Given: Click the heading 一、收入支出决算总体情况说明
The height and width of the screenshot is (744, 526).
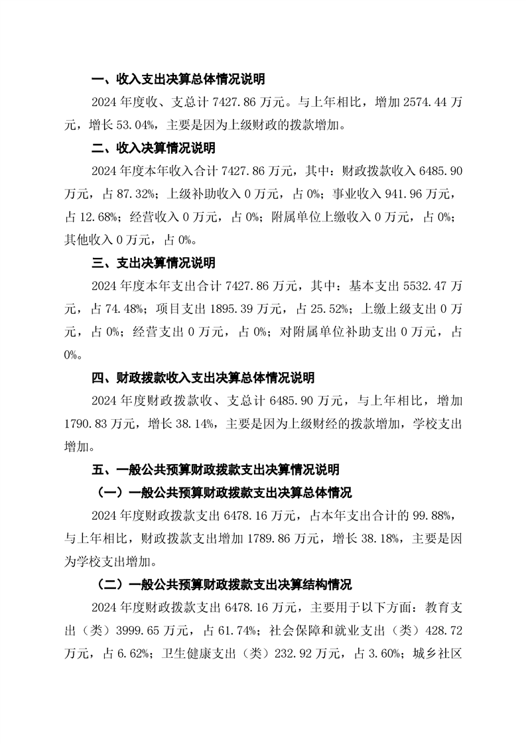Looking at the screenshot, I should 178,80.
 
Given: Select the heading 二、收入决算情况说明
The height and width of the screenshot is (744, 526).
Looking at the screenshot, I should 153,148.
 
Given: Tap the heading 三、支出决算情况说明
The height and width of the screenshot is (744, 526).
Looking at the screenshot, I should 153,263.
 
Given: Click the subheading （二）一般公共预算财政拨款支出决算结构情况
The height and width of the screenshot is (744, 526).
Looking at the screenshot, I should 221,585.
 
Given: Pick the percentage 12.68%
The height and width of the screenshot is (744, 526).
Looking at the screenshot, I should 98,217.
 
